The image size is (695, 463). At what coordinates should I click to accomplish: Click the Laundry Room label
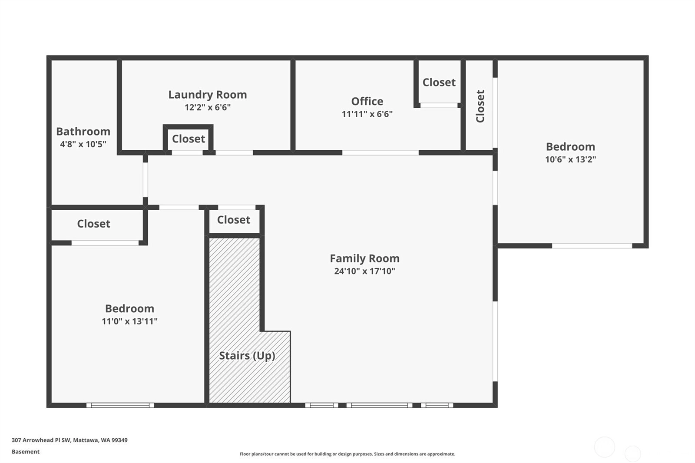(x=208, y=95)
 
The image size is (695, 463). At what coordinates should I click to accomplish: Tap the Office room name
(x=367, y=102)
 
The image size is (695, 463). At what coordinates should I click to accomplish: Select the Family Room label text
(x=364, y=258)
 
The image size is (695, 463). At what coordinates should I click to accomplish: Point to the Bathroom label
(x=83, y=132)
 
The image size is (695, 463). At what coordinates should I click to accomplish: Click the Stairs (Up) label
(x=247, y=356)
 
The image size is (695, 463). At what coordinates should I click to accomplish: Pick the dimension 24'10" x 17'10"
(x=364, y=271)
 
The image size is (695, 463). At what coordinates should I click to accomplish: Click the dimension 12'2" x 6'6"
(x=208, y=107)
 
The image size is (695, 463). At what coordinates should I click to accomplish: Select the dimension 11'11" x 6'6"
(x=367, y=114)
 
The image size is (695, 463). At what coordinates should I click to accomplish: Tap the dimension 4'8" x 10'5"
(x=83, y=144)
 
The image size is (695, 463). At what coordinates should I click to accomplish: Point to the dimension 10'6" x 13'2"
(x=571, y=159)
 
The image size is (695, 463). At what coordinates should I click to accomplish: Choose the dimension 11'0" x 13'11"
(x=130, y=321)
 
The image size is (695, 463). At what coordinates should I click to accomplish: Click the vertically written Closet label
(x=480, y=106)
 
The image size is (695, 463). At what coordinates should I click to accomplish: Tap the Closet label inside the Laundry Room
(x=189, y=139)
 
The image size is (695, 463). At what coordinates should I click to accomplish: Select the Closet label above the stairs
(x=234, y=220)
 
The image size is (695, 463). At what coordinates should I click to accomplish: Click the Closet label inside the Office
(x=439, y=83)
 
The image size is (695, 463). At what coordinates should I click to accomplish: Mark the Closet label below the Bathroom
(x=94, y=224)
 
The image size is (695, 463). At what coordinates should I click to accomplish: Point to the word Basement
(x=26, y=452)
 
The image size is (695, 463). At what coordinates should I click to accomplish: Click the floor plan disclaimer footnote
(x=347, y=454)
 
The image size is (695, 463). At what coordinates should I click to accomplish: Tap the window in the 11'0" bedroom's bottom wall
(x=120, y=405)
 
